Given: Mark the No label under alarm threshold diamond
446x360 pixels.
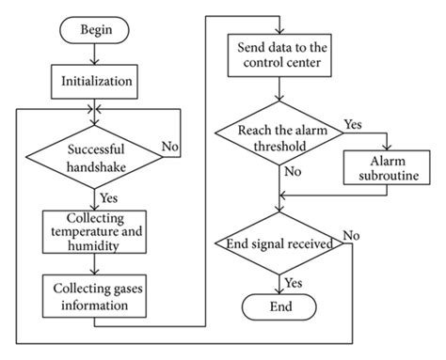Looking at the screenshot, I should tap(293, 173).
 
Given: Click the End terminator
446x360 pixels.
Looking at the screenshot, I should tap(279, 306).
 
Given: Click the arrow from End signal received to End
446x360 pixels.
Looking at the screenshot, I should tap(279, 281).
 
